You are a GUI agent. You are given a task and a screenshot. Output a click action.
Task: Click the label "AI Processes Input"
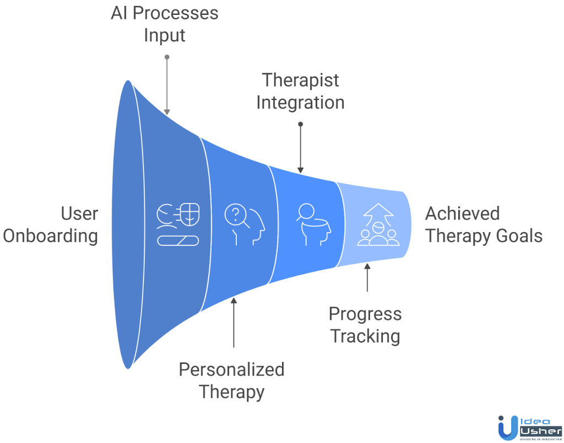164,24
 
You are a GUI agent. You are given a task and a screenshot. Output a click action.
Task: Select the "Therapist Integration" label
300,91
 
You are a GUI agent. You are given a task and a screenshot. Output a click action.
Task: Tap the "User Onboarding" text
51,225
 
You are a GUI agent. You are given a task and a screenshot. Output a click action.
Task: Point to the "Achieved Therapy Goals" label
484,225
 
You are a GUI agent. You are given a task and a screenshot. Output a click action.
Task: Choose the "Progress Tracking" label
365,325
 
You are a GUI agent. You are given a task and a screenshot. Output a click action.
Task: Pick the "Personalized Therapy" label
231,381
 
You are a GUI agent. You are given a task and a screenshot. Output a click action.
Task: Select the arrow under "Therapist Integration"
300,147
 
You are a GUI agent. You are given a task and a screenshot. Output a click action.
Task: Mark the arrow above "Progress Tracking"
367,278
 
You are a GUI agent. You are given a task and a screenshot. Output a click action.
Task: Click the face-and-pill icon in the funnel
177,224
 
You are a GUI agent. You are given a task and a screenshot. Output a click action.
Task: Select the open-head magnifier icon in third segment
310,223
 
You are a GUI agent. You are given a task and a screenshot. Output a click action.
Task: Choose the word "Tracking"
365,336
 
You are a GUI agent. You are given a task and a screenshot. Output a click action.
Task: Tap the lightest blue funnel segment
375,248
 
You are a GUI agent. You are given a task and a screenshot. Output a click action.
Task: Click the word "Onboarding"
51,236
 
